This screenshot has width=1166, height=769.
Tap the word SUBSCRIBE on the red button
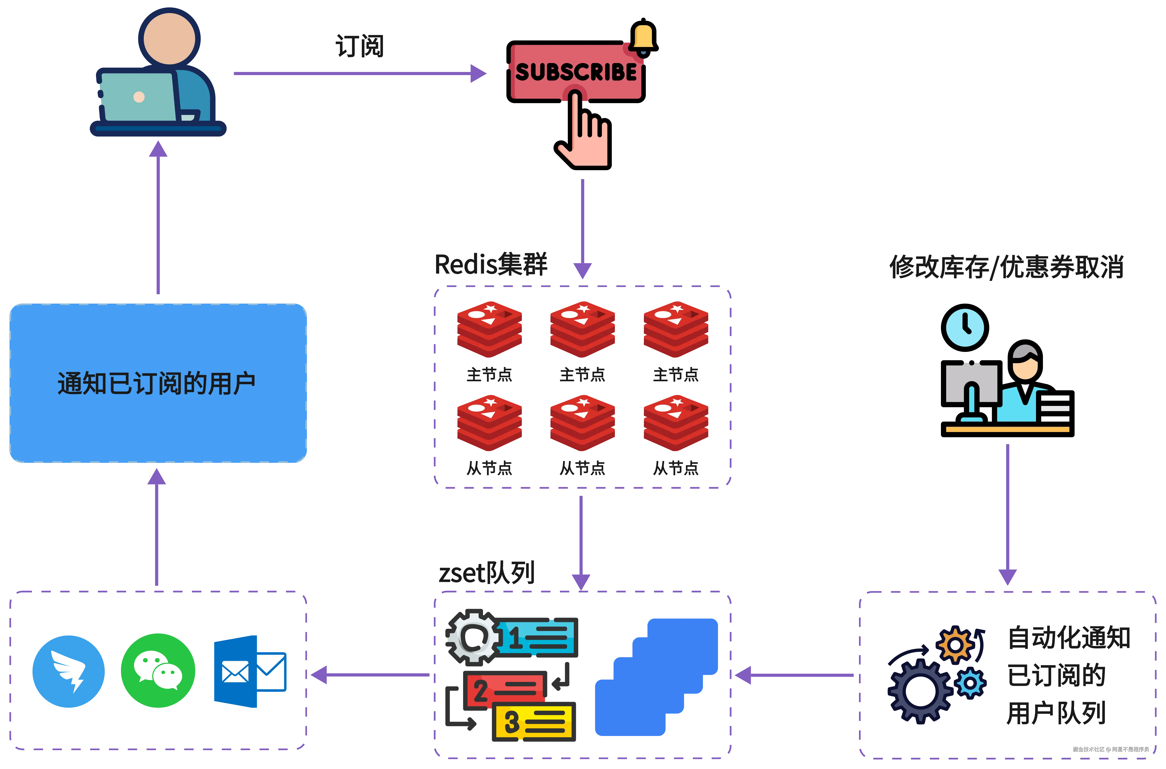pos(576,72)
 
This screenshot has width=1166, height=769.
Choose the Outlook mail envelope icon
pos(250,671)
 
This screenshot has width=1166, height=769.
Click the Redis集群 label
pos(491,265)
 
